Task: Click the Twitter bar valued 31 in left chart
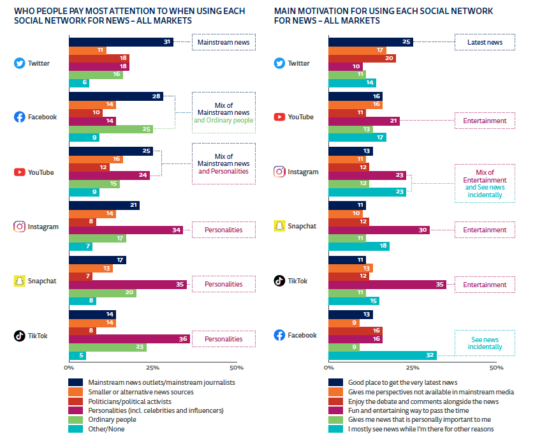click(121, 42)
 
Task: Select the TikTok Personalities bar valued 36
click(129, 339)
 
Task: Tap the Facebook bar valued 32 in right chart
click(383, 355)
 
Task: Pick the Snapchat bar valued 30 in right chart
click(379, 230)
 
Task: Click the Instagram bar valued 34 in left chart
click(126, 230)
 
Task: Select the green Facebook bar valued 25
click(111, 129)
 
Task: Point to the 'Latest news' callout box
click(485, 42)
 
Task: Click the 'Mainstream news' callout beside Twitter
click(224, 42)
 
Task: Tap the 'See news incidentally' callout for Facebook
click(485, 343)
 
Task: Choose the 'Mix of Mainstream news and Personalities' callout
click(224, 163)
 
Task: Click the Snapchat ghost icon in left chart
click(19, 281)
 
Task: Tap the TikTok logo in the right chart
click(279, 281)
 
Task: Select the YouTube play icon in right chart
click(279, 117)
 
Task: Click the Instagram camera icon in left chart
click(19, 227)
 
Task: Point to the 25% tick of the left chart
click(152, 368)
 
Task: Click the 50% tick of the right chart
click(496, 368)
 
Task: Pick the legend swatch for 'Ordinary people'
click(75, 419)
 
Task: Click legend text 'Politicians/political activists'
click(129, 401)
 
